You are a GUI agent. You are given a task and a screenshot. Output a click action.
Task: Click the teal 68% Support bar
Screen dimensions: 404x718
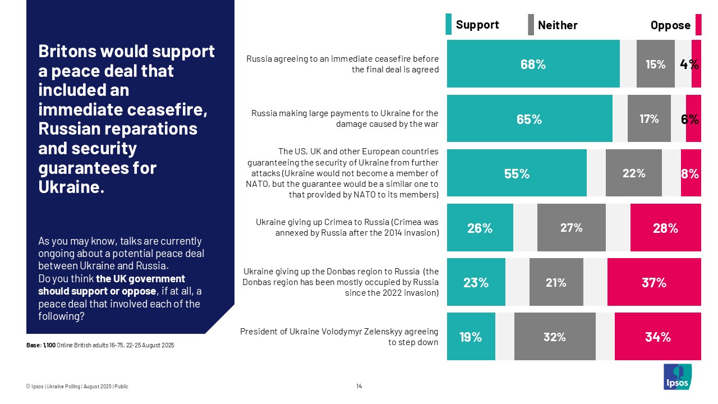click(533, 64)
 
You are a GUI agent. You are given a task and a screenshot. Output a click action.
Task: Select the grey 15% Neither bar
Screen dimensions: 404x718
click(655, 64)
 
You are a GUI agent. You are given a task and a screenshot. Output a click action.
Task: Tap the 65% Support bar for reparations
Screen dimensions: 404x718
click(530, 118)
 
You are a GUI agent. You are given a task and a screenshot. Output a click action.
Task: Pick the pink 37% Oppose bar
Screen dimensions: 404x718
click(654, 282)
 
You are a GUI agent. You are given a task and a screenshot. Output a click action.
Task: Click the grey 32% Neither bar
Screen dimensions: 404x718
click(554, 336)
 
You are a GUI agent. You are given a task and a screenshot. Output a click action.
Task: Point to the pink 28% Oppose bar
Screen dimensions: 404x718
click(665, 228)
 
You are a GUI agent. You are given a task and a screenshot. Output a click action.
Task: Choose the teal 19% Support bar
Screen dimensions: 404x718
click(471, 336)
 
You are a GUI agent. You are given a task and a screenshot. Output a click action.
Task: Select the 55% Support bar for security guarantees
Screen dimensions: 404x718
click(517, 173)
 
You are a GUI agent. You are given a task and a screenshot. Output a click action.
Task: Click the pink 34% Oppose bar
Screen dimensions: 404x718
click(657, 336)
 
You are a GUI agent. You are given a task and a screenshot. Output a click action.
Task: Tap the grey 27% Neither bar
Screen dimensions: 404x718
click(571, 228)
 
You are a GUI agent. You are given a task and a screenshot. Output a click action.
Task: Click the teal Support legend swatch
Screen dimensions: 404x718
click(448, 25)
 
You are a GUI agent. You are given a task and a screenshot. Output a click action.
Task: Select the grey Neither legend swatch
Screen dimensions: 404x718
click(531, 25)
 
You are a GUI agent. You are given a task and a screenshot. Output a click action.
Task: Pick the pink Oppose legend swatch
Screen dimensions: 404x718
click(698, 25)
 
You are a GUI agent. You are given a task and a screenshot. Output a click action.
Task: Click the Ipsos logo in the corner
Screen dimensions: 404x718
click(678, 377)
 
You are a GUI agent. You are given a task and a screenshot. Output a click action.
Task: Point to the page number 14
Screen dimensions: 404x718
click(359, 386)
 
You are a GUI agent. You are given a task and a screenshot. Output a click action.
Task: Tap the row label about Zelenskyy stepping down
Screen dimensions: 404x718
click(339, 337)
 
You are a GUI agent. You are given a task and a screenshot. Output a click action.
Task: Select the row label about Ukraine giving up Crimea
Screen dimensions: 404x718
click(347, 227)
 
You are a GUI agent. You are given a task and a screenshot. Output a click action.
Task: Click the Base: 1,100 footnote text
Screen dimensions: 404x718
click(100, 345)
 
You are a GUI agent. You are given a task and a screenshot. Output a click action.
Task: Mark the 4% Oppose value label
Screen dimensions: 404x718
click(689, 64)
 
